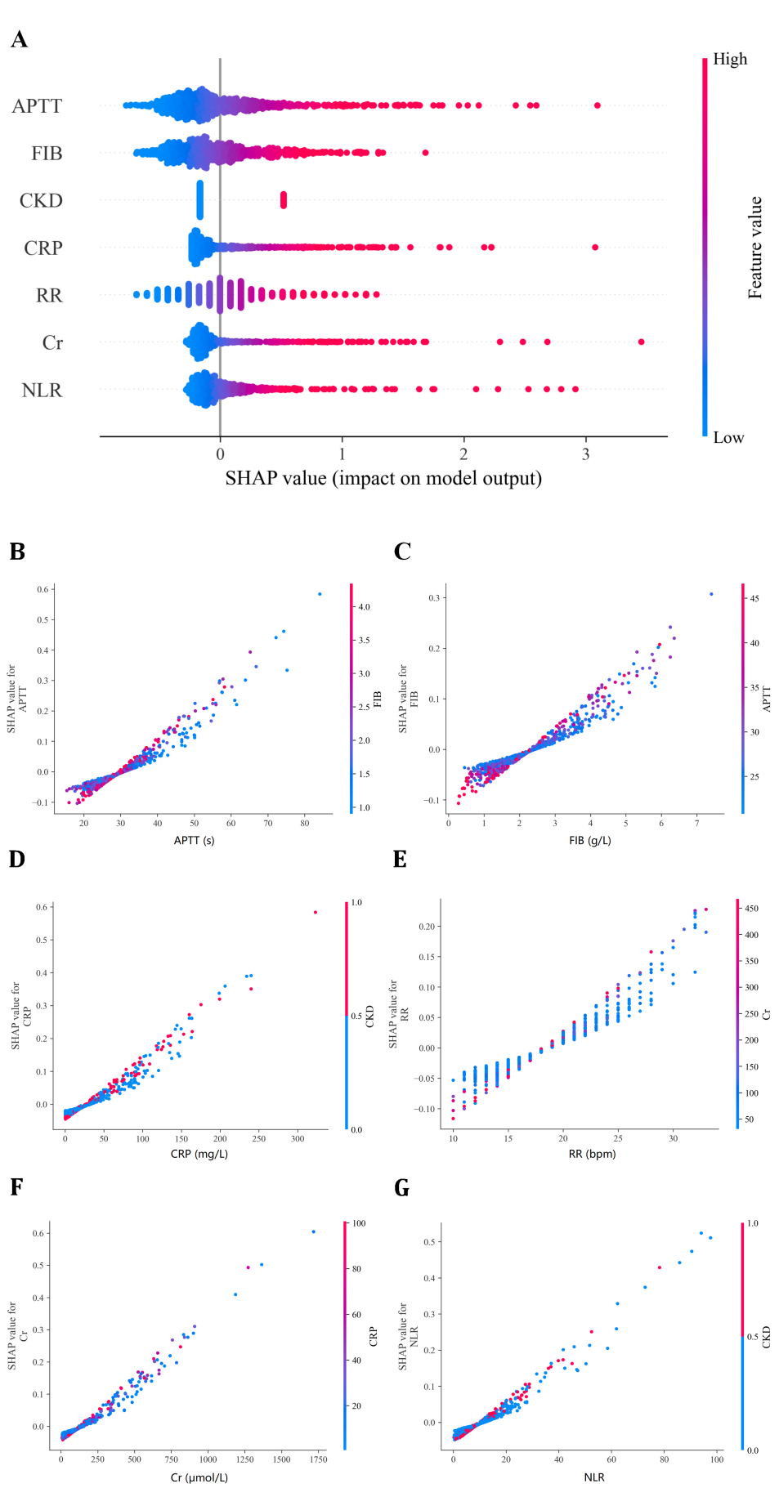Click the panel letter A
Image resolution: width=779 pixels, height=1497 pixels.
click(19, 40)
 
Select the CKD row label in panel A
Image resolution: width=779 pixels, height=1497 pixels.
click(41, 201)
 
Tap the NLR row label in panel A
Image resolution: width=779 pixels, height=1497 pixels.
click(42, 391)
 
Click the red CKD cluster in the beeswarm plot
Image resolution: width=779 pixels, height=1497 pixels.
click(284, 200)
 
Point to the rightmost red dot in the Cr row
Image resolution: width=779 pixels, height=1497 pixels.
click(641, 342)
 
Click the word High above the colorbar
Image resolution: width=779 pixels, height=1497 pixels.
click(729, 59)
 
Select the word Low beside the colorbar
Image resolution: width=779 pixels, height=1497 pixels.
click(728, 438)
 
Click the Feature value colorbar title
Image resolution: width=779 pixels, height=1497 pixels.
click(754, 248)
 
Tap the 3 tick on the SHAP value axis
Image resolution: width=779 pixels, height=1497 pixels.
click(585, 454)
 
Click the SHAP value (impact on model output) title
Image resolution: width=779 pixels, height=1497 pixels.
click(383, 479)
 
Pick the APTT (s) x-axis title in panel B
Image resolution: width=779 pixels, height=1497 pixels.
click(194, 840)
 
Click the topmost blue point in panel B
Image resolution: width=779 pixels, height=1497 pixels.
click(320, 594)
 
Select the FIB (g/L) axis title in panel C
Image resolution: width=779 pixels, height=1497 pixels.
click(589, 840)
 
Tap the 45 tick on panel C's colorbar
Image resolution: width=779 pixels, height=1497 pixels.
click(754, 599)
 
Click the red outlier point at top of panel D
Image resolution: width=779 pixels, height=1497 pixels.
click(315, 912)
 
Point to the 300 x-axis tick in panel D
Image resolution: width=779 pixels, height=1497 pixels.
click(298, 1138)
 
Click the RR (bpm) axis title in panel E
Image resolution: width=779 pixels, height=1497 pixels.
click(592, 1154)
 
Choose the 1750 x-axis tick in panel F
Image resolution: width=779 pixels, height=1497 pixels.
click(318, 1459)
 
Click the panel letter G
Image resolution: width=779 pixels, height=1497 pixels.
click(401, 1187)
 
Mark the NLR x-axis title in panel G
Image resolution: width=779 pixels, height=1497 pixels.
click(594, 1477)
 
